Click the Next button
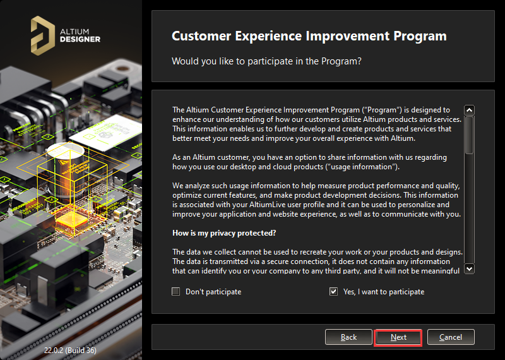tap(398, 337)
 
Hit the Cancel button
tap(451, 337)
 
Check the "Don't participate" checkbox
tap(176, 292)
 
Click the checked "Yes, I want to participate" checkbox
tap(333, 292)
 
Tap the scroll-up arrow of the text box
tap(469, 110)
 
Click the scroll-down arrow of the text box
tap(469, 269)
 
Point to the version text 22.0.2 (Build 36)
tap(70, 350)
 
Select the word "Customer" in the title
tap(203, 37)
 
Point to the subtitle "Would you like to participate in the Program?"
tap(266, 61)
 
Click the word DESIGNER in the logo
tap(80, 39)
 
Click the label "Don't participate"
tap(213, 292)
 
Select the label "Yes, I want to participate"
tap(384, 292)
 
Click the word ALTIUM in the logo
tap(74, 30)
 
